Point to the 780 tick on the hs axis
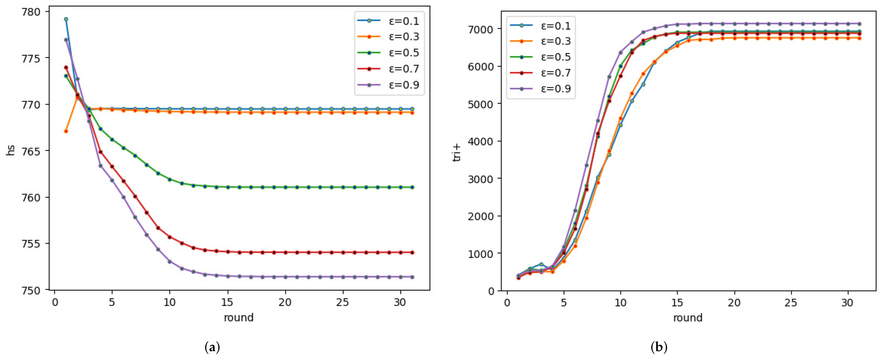pos(31,12)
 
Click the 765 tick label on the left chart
pos(31,151)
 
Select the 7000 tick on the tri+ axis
pos(481,29)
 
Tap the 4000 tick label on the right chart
pos(481,141)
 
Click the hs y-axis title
pos(11,151)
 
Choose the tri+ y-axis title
pos(457,153)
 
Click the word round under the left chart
pos(239,317)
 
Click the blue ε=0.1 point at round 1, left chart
pos(66,19)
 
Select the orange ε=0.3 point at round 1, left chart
pos(66,131)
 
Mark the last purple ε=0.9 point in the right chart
pos(859,24)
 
